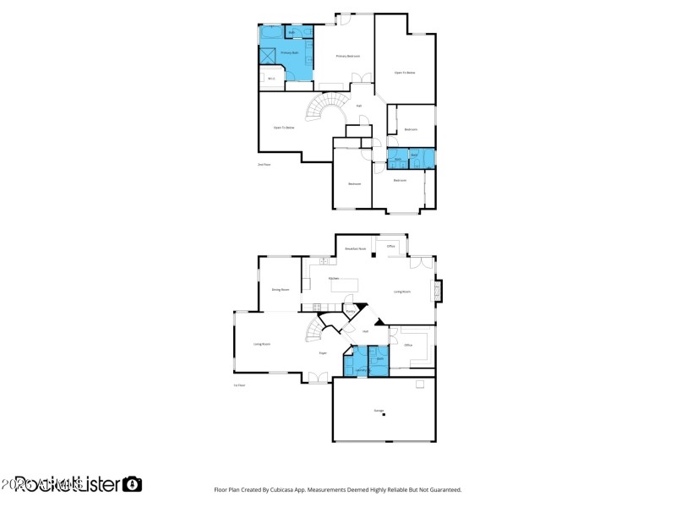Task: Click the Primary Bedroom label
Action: (348, 56)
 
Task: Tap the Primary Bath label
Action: (291, 52)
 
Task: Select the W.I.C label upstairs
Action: (272, 79)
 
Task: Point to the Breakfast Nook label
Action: (356, 248)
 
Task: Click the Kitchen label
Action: (334, 278)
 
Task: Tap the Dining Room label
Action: (281, 289)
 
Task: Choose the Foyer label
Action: (323, 352)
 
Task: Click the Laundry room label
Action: (360, 369)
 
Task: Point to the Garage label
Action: (379, 411)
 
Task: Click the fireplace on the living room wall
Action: (437, 292)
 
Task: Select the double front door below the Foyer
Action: (319, 378)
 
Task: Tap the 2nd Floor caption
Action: (264, 165)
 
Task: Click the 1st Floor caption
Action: (239, 385)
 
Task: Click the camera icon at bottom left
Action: (132, 484)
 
